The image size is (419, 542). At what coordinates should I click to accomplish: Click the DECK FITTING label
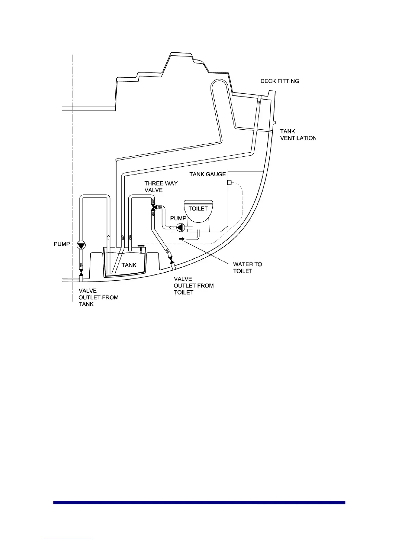pyautogui.click(x=280, y=81)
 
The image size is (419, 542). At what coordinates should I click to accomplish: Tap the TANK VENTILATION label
pyautogui.click(x=298, y=135)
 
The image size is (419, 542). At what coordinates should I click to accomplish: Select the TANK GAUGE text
pyautogui.click(x=207, y=174)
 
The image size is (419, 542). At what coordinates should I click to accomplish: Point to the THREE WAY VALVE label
pyautogui.click(x=161, y=186)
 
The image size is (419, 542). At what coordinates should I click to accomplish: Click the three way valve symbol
pyautogui.click(x=153, y=207)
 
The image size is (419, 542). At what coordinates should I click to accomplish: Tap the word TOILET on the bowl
pyautogui.click(x=198, y=208)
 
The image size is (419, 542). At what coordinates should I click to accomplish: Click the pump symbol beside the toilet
pyautogui.click(x=181, y=227)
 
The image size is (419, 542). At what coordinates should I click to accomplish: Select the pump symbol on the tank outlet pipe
pyautogui.click(x=81, y=245)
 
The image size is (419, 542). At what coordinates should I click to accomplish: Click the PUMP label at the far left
pyautogui.click(x=62, y=244)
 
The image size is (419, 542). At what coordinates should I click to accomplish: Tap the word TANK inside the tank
pyautogui.click(x=129, y=265)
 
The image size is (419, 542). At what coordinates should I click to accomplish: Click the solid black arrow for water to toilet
pyautogui.click(x=181, y=238)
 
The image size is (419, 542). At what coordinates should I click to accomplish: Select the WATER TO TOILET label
pyautogui.click(x=247, y=268)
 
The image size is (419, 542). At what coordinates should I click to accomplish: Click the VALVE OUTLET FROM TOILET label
pyautogui.click(x=193, y=286)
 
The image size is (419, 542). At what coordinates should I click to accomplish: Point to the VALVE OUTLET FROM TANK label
pyautogui.click(x=98, y=297)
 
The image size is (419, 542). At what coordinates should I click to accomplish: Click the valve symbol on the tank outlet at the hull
pyautogui.click(x=81, y=273)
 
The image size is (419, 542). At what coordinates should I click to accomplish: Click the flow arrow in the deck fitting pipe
pyautogui.click(x=259, y=103)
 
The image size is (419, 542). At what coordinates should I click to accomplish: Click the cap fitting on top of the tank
pyautogui.click(x=140, y=246)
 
